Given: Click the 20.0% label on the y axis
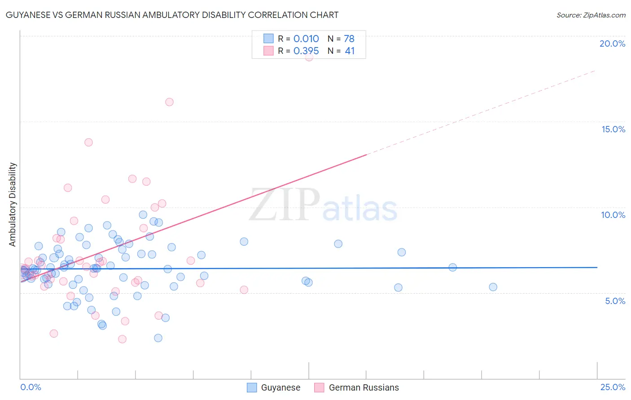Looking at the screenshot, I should [x=612, y=43].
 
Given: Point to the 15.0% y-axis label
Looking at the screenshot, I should [x=613, y=129].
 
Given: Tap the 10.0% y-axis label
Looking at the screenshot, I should [x=613, y=215].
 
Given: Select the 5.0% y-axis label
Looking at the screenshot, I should [x=615, y=301].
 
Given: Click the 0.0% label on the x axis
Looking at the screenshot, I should [x=31, y=387].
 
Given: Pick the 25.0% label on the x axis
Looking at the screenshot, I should [x=613, y=387].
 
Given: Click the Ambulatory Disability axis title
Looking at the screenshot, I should [x=13, y=204].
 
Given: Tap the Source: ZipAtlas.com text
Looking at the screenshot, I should [x=591, y=15].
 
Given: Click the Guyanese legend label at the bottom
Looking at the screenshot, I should [x=280, y=387].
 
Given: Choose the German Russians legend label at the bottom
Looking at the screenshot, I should [x=364, y=387].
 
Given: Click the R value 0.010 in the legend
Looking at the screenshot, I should [x=306, y=39].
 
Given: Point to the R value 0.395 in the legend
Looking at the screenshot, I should [x=306, y=51].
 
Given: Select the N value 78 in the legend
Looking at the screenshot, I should [x=349, y=39].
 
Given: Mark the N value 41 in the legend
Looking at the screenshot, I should [x=350, y=51].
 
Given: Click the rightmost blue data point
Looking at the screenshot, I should [x=493, y=287].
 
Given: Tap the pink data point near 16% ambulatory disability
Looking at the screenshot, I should [x=169, y=102].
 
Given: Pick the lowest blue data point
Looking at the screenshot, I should [x=158, y=338].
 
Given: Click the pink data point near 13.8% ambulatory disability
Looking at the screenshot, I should [x=88, y=142].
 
